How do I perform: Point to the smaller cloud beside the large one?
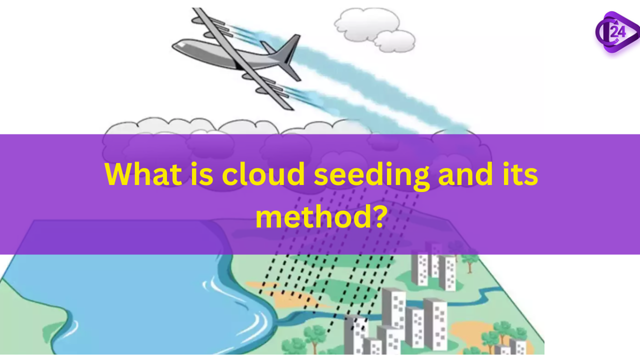click(394, 41)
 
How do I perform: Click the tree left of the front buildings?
click(315, 335)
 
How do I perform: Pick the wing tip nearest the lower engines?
click(287, 106)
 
